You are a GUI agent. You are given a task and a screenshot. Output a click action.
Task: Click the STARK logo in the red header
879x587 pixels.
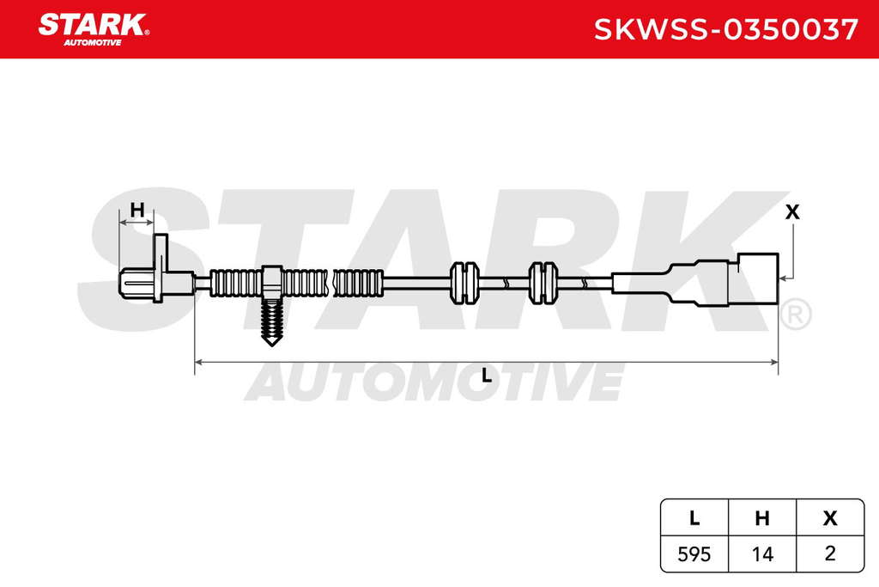(93, 30)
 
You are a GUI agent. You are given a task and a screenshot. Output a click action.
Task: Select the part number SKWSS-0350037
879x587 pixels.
(725, 30)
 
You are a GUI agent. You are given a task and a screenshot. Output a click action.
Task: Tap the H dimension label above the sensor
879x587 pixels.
(137, 211)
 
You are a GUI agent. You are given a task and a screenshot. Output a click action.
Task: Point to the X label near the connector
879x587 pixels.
(792, 212)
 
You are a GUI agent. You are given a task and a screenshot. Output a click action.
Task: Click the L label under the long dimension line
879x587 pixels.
(486, 376)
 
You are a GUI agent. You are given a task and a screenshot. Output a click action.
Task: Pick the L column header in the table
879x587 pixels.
(694, 518)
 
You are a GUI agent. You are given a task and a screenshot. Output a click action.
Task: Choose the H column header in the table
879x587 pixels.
(762, 518)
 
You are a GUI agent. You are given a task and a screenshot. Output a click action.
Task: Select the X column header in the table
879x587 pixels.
(830, 518)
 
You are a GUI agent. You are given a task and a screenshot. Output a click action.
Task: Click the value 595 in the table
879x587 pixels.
(694, 554)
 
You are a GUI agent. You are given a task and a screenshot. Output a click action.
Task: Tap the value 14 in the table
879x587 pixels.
(762, 554)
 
